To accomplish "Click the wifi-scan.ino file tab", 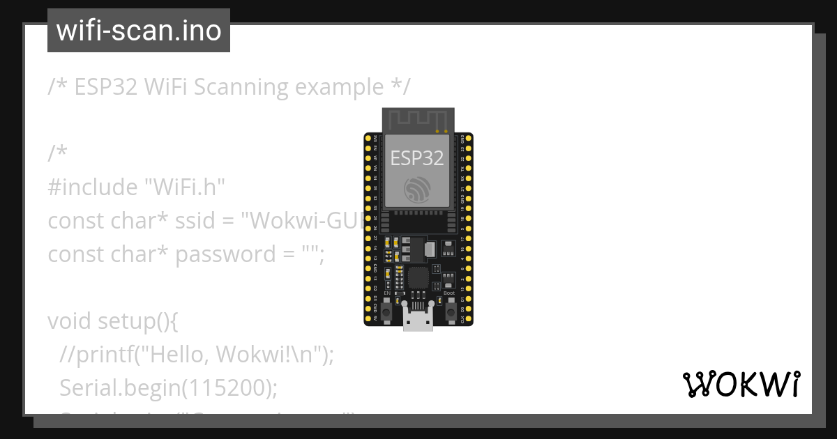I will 139,31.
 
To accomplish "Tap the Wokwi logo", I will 741,384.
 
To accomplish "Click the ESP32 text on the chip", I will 417,158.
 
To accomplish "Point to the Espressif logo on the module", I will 417,189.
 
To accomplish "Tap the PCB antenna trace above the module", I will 418,121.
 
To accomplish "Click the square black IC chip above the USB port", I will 418,277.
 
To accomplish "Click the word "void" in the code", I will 70,321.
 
